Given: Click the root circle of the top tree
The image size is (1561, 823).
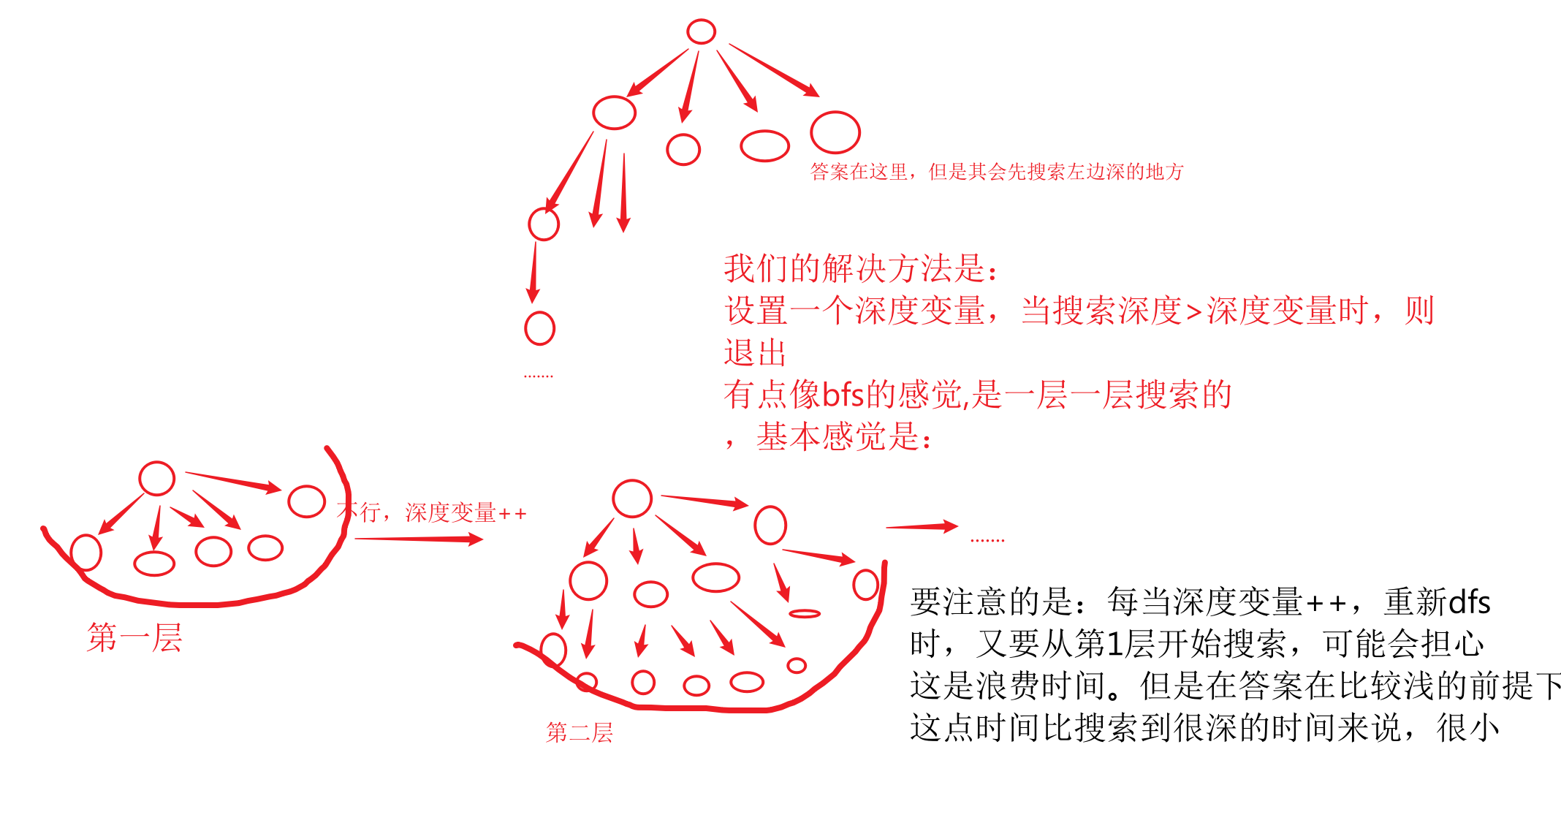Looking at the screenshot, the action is pyautogui.click(x=701, y=31).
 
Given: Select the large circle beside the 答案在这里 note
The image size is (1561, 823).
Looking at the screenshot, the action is pyautogui.click(x=835, y=132).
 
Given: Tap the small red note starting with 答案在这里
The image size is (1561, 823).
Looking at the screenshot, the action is pyautogui.click(x=996, y=172).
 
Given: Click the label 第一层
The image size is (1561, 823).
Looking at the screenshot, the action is pyautogui.click(x=134, y=637).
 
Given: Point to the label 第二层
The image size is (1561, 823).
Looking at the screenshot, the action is pyautogui.click(x=579, y=732).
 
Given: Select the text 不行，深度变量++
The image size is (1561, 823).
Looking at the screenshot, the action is pyautogui.click(x=432, y=512).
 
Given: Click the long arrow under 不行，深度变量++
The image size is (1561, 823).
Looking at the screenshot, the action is pyautogui.click(x=418, y=539).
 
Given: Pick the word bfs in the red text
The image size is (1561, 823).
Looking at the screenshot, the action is pyautogui.click(x=843, y=395).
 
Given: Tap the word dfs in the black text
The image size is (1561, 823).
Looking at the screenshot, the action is pyautogui.click(x=1469, y=602).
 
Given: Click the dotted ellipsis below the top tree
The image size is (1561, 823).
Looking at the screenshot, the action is pyautogui.click(x=539, y=376).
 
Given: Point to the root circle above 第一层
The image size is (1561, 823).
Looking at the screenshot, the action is pyautogui.click(x=156, y=479).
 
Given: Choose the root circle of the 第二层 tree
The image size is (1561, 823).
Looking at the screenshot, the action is pyautogui.click(x=632, y=498).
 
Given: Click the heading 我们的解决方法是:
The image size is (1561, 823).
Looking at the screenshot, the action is pyautogui.click(x=860, y=269).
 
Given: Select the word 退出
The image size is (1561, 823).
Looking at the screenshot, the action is pyautogui.click(x=755, y=353).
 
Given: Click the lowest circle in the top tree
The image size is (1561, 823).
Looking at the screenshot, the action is pyautogui.click(x=540, y=328).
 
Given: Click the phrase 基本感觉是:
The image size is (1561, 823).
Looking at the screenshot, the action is pyautogui.click(x=844, y=437).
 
